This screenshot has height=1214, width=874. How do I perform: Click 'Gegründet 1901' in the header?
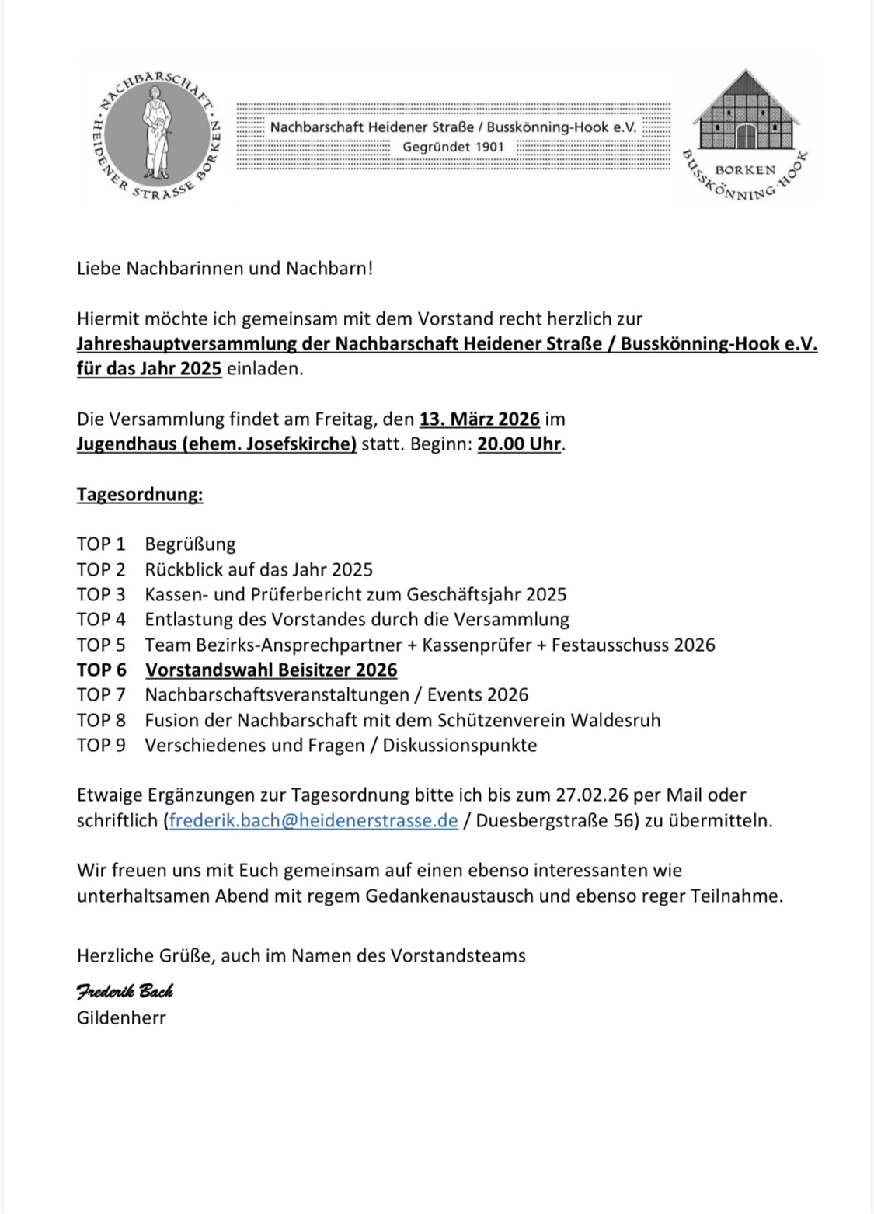pos(453,147)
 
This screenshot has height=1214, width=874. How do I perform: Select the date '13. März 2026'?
pos(479,419)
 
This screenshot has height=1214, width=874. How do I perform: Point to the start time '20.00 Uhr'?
pos(519,444)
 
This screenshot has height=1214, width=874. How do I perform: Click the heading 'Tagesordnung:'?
pos(140,495)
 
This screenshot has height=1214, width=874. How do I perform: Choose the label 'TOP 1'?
pos(101,544)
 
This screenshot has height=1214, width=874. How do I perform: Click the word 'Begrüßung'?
pos(190,544)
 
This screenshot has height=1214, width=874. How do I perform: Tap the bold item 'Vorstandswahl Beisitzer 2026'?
pos(271,670)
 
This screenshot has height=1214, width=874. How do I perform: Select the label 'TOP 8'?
pos(101,720)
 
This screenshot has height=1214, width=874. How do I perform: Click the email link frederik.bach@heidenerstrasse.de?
pos(313,820)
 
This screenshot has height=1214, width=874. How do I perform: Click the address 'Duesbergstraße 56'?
pos(557,820)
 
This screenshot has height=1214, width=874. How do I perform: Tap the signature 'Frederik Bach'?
pos(124,991)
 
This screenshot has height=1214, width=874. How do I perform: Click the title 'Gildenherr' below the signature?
pos(121,1017)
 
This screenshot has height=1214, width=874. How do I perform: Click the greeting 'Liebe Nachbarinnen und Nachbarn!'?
pos(225,269)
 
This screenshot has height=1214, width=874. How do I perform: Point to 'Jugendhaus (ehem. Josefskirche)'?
pos(217,444)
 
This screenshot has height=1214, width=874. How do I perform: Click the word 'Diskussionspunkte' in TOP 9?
pos(460,745)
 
